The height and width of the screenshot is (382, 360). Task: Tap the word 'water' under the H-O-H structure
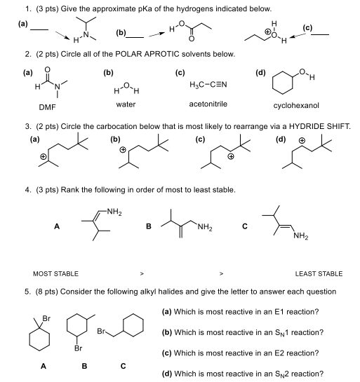tap(125, 104)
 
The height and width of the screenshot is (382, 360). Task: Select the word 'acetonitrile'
tap(204, 104)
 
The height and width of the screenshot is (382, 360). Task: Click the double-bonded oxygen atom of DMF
tap(46, 70)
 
